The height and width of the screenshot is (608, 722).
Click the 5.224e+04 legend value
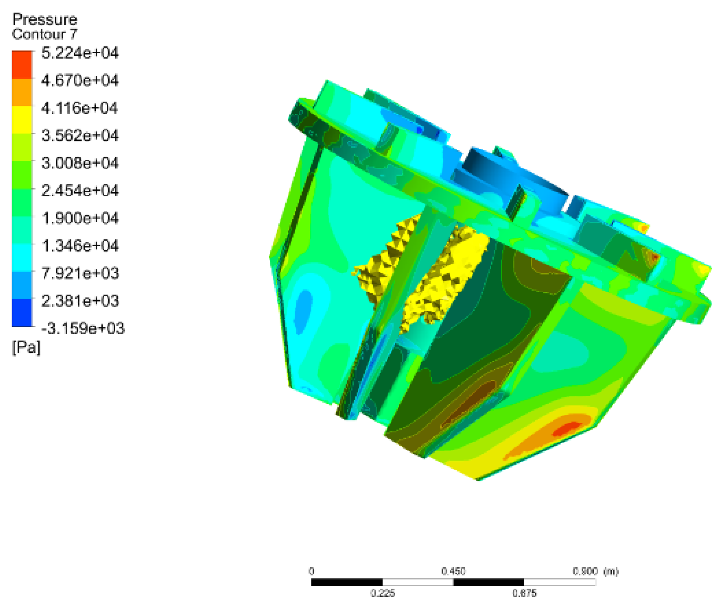pos(80,53)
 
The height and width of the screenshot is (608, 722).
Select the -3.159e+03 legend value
pos(83,328)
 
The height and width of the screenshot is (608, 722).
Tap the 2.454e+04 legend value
pos(80,190)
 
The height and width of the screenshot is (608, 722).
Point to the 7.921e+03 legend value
pos(80,273)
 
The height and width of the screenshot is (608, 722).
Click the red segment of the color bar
pos(22,65)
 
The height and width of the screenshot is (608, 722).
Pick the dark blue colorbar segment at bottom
pos(22,313)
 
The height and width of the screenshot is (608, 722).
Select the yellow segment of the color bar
pos(22,119)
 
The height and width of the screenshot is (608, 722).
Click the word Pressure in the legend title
pos(44,19)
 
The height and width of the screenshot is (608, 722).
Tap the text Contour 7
pos(44,34)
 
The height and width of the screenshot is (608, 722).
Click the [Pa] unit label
pos(26,347)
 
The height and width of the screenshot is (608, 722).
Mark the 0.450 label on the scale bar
pos(453,571)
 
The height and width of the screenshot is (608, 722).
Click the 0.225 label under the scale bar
pos(382,593)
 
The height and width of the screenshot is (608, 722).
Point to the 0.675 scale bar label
pos(524,593)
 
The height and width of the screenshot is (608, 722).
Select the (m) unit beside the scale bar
pos(611,571)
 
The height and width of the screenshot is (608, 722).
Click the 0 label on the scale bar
pos(311,571)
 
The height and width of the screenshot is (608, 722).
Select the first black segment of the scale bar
pos(347,582)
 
